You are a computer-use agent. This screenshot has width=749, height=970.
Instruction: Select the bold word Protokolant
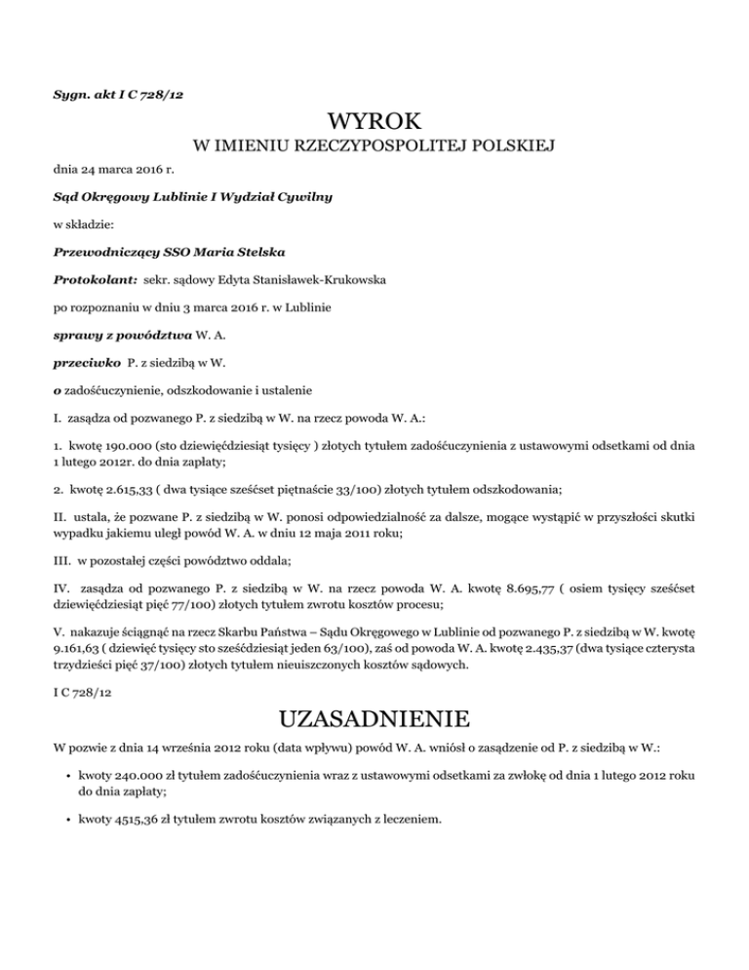point(93,279)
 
